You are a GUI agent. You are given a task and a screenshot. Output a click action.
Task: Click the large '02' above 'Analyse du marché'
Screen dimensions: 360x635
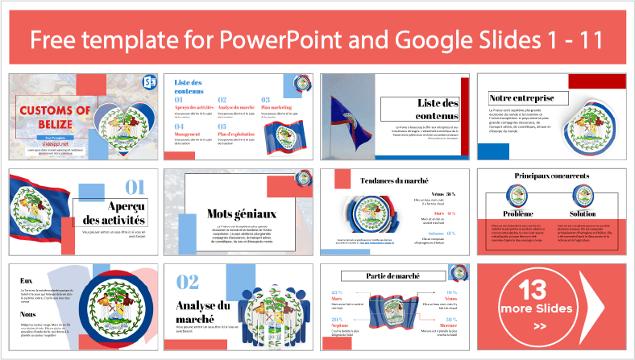(x=188, y=280)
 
